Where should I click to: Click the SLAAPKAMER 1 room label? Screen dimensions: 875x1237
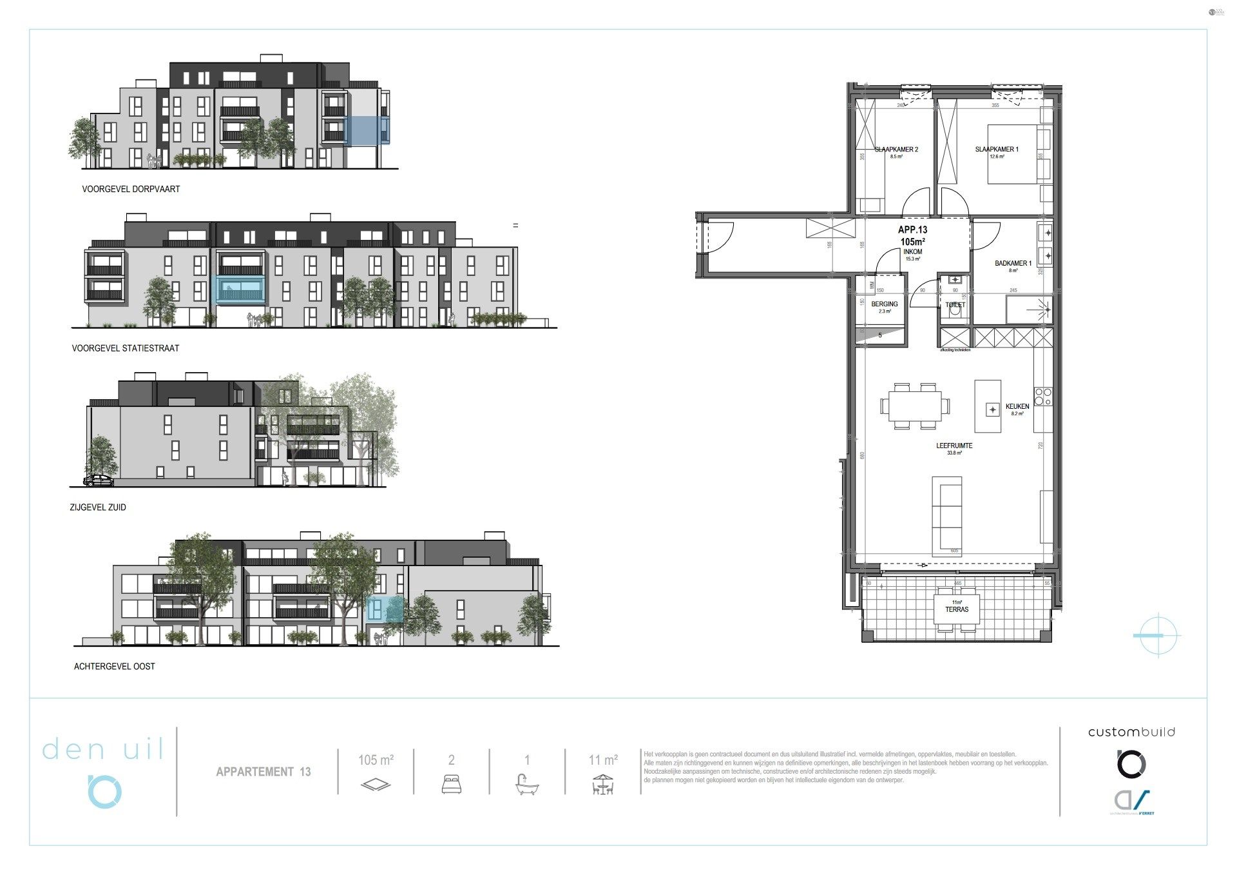[997, 150]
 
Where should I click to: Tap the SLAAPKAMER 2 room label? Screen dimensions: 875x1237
[896, 150]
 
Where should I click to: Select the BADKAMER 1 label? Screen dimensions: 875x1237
[1013, 263]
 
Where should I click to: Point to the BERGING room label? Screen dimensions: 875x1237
[885, 304]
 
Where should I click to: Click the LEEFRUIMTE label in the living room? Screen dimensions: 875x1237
[954, 446]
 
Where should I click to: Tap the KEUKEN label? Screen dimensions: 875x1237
[1017, 407]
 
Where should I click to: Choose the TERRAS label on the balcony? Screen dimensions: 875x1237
[957, 609]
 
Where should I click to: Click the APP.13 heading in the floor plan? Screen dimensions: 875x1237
[912, 230]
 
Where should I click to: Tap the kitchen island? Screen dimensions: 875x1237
[988, 406]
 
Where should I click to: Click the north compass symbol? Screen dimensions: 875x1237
[1157, 635]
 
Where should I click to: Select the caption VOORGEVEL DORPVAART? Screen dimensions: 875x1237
[131, 189]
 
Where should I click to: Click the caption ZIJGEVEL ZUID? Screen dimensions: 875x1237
[98, 507]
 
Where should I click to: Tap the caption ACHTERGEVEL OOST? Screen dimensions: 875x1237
[115, 666]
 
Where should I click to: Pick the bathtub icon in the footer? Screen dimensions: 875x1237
[527, 784]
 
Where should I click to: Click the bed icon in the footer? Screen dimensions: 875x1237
[451, 784]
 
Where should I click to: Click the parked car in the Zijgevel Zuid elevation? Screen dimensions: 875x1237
[99, 480]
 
